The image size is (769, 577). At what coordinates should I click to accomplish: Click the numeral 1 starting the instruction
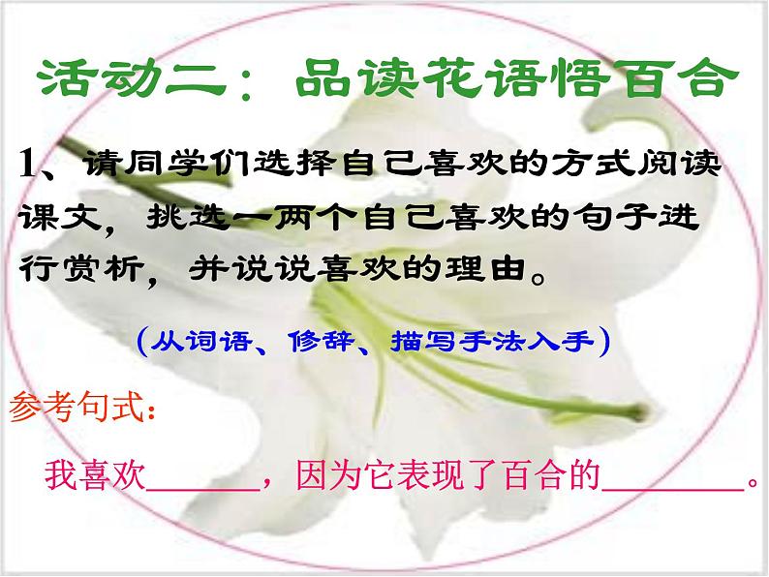pos(28,164)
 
